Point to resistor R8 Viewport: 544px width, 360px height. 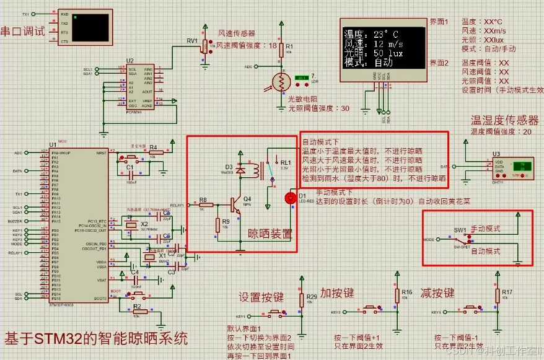pyautogui.click(x=203, y=204)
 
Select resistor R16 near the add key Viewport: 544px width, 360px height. pyautogui.click(x=397, y=294)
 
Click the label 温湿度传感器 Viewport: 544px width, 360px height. pyautogui.click(x=505, y=120)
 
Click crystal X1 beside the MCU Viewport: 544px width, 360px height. pyautogui.click(x=149, y=257)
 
